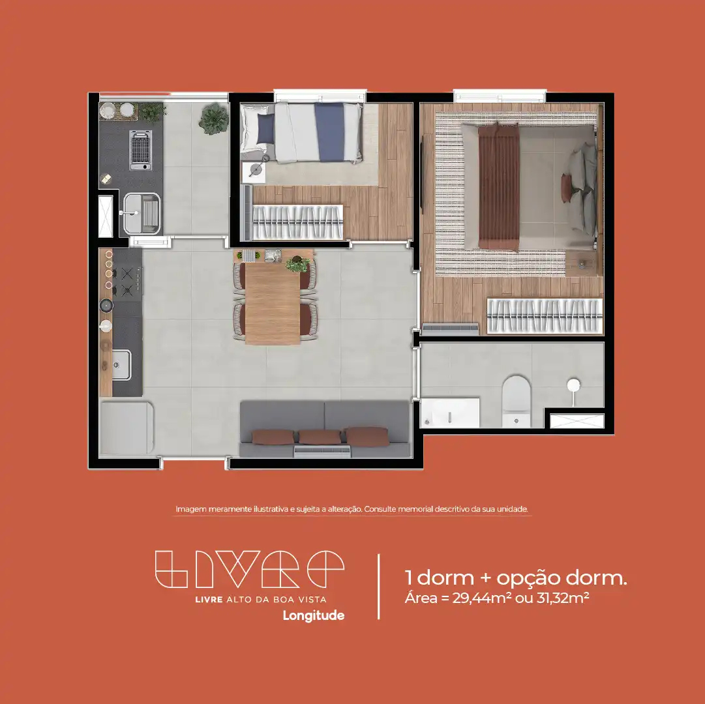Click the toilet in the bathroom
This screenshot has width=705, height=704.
[516, 401]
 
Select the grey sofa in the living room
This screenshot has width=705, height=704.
[324, 429]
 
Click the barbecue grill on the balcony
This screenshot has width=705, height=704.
[141, 150]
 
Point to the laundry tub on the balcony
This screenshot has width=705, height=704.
[142, 213]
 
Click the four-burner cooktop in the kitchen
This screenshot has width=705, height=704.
[127, 281]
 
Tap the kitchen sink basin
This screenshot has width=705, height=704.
[121, 365]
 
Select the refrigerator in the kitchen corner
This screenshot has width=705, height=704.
[127, 428]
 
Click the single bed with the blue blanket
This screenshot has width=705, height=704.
[302, 132]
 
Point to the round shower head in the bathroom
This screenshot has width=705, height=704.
[574, 385]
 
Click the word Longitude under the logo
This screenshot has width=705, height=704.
[314, 615]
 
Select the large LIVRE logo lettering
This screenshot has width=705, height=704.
[250, 569]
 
